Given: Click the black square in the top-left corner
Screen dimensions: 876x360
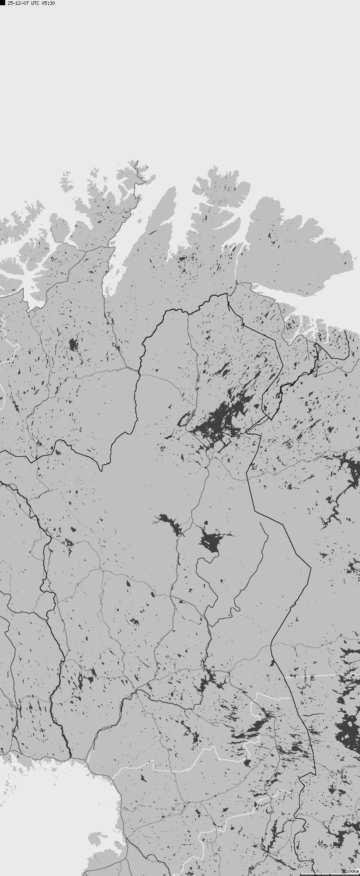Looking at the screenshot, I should click(x=2, y=3).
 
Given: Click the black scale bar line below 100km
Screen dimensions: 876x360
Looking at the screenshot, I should click(x=329, y=874).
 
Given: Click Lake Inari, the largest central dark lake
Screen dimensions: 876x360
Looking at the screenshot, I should click(x=219, y=420).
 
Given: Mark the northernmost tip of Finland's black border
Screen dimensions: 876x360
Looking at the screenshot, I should click(x=227, y=294).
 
